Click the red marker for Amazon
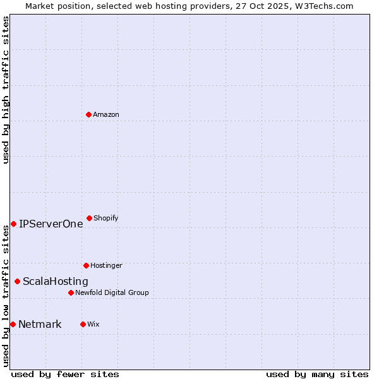(x=88, y=114)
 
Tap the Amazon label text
(x=105, y=114)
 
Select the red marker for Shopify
(x=89, y=218)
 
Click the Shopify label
(x=105, y=218)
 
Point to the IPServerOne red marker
(x=13, y=224)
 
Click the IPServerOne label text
(x=51, y=224)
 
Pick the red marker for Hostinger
(x=86, y=265)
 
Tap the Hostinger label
(x=106, y=265)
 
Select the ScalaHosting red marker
(x=17, y=281)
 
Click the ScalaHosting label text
(x=55, y=281)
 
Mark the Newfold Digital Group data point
(x=71, y=292)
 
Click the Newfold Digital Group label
(x=112, y=292)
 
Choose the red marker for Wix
(x=83, y=324)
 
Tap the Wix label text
(x=93, y=324)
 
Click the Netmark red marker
(x=13, y=324)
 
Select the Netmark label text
(x=40, y=324)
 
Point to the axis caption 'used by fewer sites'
(x=65, y=374)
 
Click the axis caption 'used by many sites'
(x=317, y=374)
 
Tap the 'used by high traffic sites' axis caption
(x=6, y=90)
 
